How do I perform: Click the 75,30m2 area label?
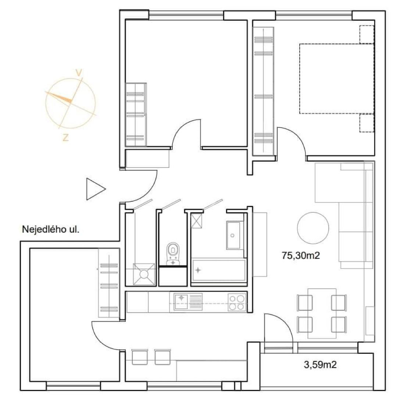coord(301,256)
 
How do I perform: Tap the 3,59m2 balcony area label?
coord(320,365)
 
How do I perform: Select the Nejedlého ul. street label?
coord(51,229)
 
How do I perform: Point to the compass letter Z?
coord(65,137)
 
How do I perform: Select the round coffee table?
coord(313,228)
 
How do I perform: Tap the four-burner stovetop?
coord(237,302)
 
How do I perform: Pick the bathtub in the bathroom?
coord(219,270)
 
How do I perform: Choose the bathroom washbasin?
coord(233,235)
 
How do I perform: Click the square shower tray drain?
coord(144,274)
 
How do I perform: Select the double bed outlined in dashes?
coord(337,79)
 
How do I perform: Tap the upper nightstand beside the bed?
coord(367,34)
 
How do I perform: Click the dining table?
coord(322,313)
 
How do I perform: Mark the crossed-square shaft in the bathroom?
coord(197,221)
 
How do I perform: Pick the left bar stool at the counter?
coord(139,357)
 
